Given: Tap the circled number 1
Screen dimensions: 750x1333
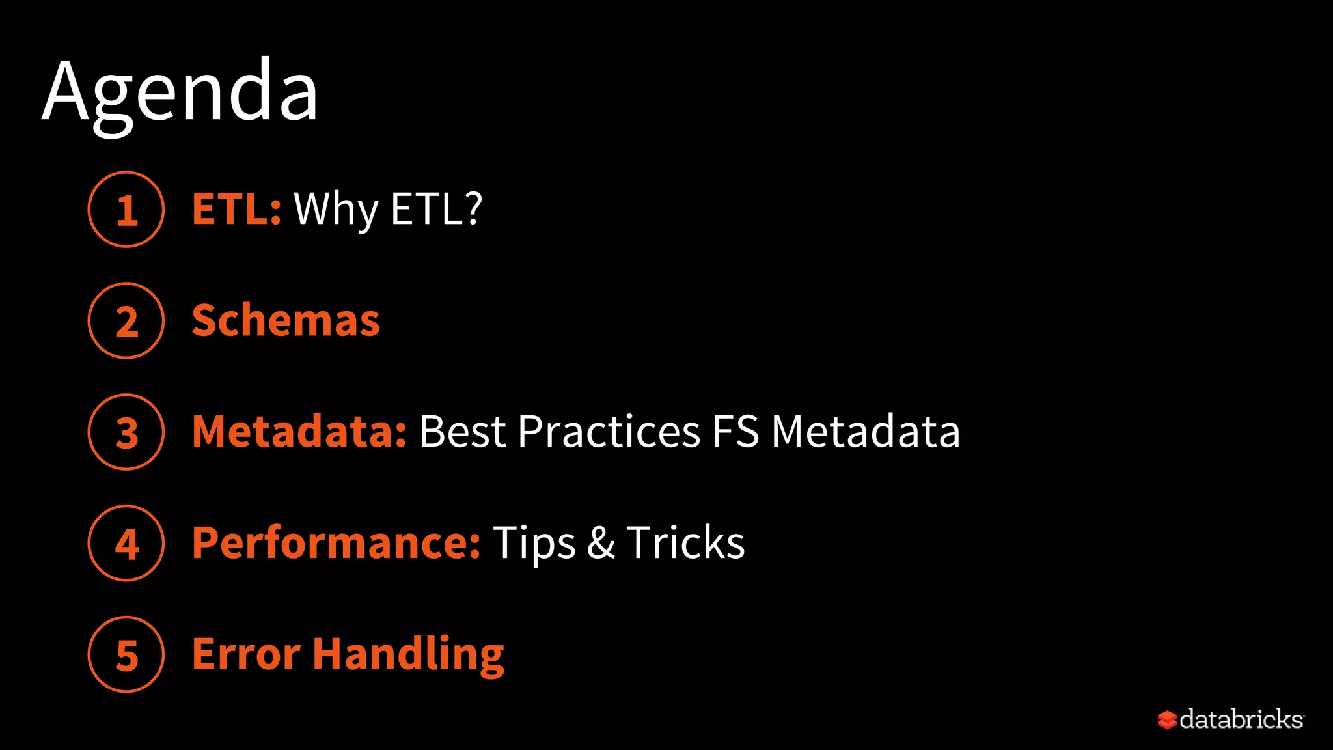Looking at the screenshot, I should pos(126,210).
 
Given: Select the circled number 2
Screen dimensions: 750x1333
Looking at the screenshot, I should pos(126,321).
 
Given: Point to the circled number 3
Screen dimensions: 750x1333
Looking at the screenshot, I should pos(126,432).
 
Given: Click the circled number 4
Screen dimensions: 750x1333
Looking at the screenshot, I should pos(126,544).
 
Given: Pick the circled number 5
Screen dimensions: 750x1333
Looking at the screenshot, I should pos(126,655).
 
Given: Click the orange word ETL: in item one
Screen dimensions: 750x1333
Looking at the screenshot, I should pos(236,210).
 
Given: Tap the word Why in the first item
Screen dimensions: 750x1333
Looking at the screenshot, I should pos(336,210).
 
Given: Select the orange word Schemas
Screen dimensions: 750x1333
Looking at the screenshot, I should pos(286,321).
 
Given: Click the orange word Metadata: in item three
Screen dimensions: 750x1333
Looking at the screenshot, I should pos(299,432).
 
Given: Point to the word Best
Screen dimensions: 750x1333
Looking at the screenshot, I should pos(462,432).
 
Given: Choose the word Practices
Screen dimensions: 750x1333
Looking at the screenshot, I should pos(609,432).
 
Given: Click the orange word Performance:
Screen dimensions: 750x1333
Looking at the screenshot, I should pos(337,543).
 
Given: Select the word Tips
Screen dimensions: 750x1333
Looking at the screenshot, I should pos(534,543).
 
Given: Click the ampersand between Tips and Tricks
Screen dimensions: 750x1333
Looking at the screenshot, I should pos(601,543).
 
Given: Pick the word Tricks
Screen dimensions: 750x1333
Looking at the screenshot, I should pos(685,543).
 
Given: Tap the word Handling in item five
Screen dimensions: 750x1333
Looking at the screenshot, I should pos(408,655).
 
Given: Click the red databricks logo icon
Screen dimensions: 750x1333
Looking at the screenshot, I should pos(1167,720).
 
